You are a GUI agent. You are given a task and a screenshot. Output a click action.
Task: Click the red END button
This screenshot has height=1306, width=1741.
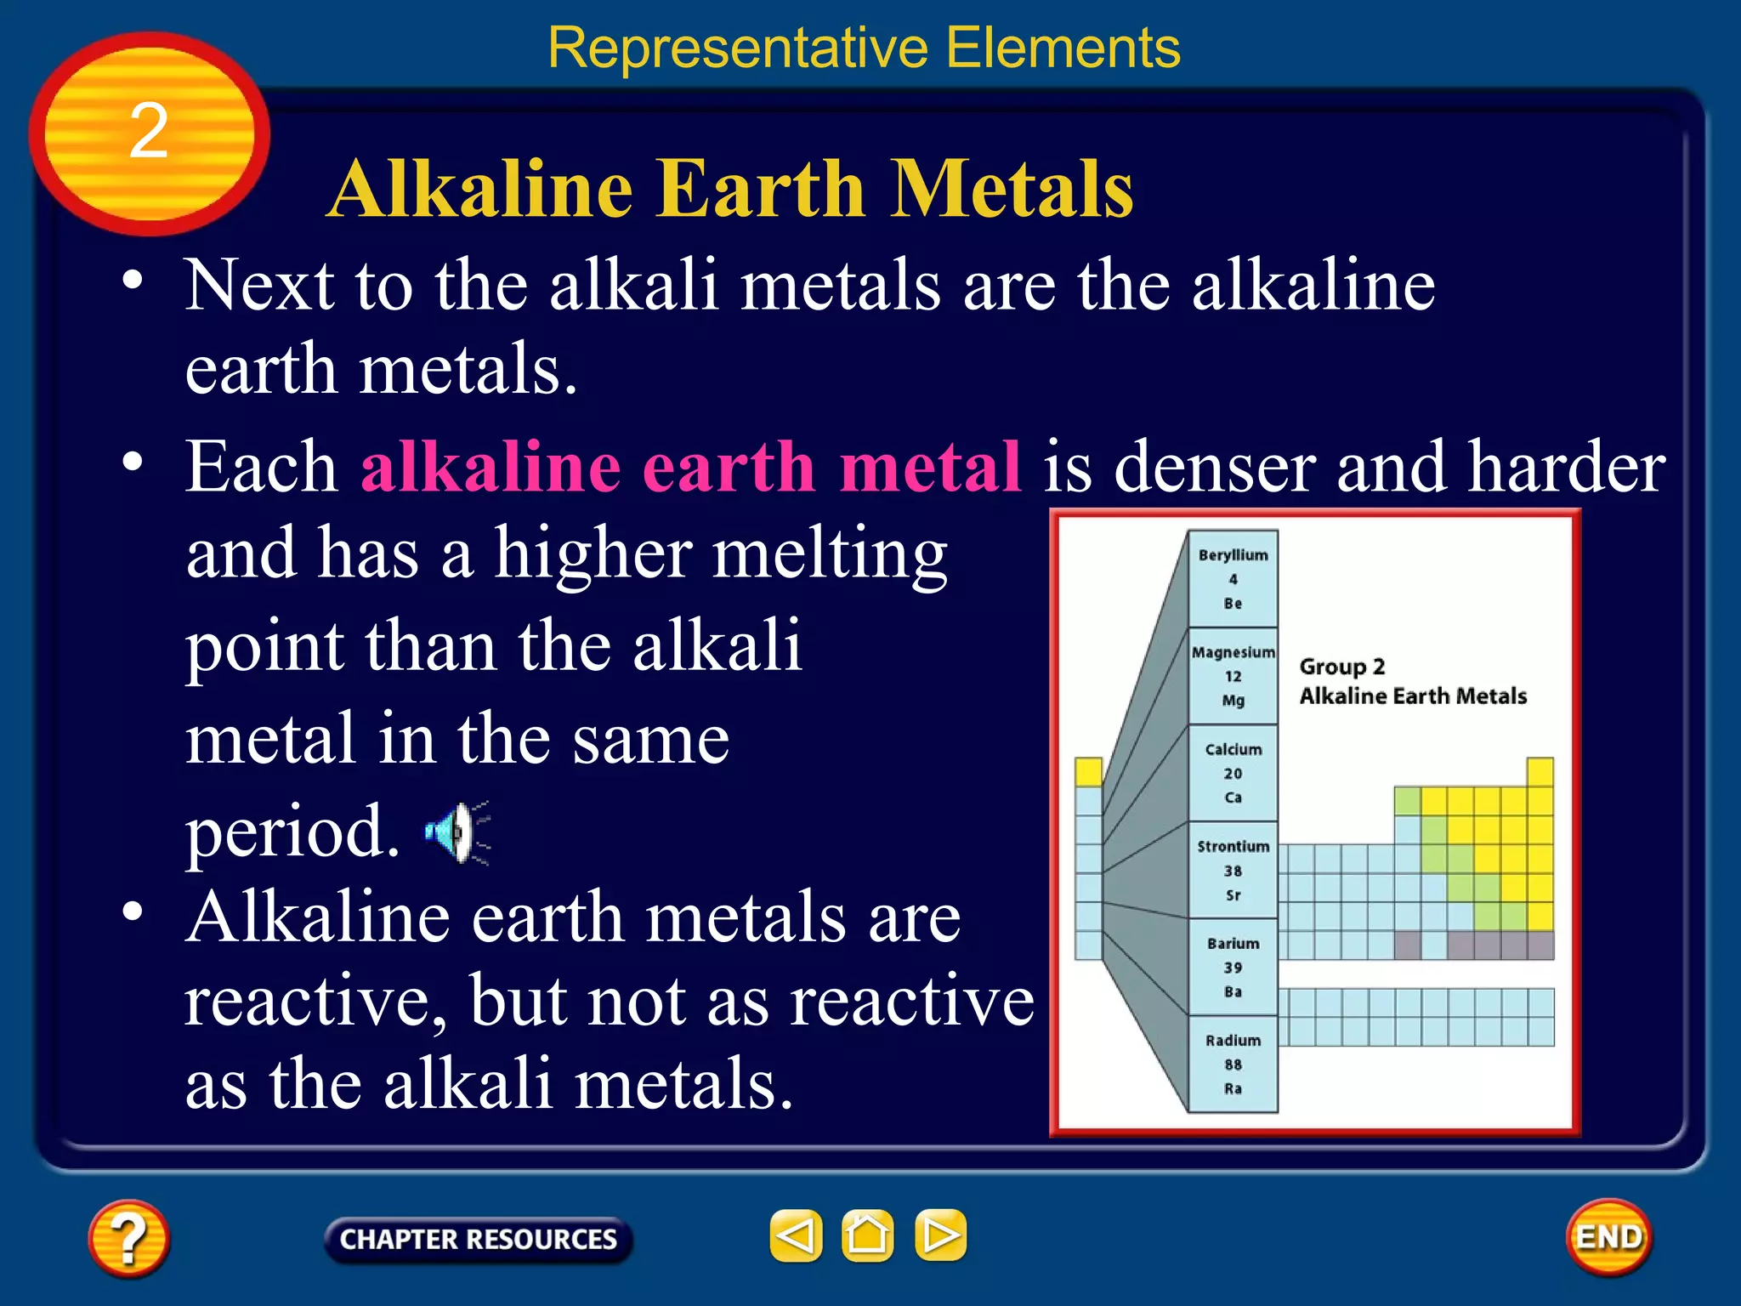pyautogui.click(x=1608, y=1236)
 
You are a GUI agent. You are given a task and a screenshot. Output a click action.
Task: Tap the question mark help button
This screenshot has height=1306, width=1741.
pyautogui.click(x=128, y=1238)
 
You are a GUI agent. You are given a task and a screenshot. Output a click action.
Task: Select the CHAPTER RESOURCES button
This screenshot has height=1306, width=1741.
pyautogui.click(x=478, y=1239)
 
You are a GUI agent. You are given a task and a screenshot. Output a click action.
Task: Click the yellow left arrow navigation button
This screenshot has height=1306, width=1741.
pyautogui.click(x=796, y=1235)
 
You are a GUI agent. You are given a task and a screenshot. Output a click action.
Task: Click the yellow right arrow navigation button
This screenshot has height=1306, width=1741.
pyautogui.click(x=940, y=1235)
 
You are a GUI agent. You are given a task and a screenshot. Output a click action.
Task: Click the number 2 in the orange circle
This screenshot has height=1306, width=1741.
pyautogui.click(x=149, y=132)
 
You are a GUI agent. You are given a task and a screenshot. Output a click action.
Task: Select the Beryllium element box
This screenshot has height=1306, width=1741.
pyautogui.click(x=1233, y=579)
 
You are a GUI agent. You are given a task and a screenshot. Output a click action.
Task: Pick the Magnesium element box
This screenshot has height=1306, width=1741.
pyautogui.click(x=1233, y=676)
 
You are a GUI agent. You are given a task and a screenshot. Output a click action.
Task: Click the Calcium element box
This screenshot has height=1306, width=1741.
pyautogui.click(x=1233, y=773)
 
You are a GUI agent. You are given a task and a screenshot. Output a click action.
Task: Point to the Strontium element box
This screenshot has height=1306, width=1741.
pyautogui.click(x=1233, y=870)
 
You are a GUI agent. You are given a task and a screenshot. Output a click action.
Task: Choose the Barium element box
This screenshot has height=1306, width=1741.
pyautogui.click(x=1233, y=967)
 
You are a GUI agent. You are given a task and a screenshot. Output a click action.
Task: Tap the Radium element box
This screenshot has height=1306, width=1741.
pyautogui.click(x=1233, y=1064)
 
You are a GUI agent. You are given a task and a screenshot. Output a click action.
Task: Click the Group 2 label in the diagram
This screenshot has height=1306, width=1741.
pyautogui.click(x=1341, y=667)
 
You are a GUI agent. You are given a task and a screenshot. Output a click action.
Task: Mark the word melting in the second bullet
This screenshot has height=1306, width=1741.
pyautogui.click(x=830, y=554)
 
